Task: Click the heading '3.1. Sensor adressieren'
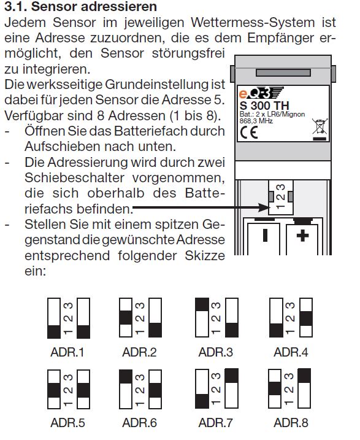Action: [x=80, y=7]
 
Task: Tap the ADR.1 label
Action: [x=67, y=352]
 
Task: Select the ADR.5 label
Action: [x=67, y=423]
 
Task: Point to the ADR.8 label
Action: [x=291, y=423]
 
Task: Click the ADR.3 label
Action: [x=216, y=352]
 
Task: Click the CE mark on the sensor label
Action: [x=249, y=133]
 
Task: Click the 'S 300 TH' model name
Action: [x=264, y=106]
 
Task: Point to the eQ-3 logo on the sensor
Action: [x=261, y=93]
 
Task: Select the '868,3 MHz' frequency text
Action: [x=256, y=121]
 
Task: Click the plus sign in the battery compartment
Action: [x=302, y=236]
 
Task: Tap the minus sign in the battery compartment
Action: [x=265, y=235]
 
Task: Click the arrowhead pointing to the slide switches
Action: [x=264, y=208]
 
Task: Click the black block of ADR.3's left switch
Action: [x=202, y=304]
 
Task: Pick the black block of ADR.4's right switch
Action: [x=306, y=318]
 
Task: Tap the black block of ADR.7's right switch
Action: [x=232, y=376]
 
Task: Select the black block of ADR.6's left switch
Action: [x=126, y=377]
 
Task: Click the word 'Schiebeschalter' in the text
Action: [x=74, y=177]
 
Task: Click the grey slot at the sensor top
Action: [x=283, y=72]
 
